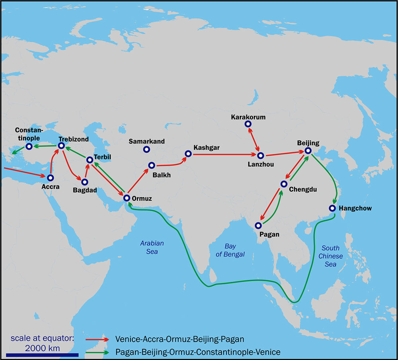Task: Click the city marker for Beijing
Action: [308, 151]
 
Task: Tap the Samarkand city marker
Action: [146, 150]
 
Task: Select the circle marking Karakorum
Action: [248, 124]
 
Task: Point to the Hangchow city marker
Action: [332, 208]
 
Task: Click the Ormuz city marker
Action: [127, 198]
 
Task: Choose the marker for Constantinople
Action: [29, 146]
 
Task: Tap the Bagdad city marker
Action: [84, 182]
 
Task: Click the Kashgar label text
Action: [207, 148]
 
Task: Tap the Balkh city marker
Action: [151, 165]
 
